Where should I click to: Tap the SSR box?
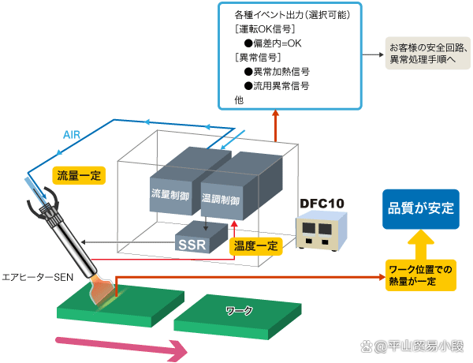[x=192, y=244]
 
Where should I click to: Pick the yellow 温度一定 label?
[x=256, y=246]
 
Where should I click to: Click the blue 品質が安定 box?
[x=420, y=209]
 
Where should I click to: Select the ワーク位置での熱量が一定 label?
[x=420, y=275]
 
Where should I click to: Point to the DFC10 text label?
[x=322, y=204]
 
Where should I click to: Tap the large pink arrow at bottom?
[x=118, y=346]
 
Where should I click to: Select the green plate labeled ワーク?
[x=236, y=313]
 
